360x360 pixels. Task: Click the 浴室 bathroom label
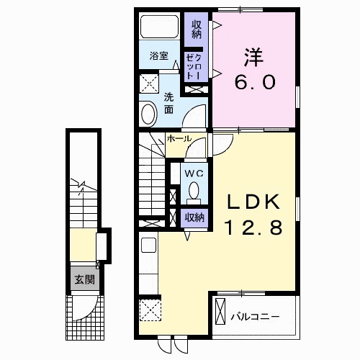[x=158, y=56]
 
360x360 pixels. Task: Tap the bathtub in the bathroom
[x=160, y=27]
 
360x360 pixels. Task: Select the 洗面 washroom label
[x=168, y=104]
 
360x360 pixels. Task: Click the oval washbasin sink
[x=149, y=114]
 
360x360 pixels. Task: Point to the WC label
[x=194, y=174]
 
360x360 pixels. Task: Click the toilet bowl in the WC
[x=194, y=190]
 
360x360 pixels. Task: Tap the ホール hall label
[x=179, y=139]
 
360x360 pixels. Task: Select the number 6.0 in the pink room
[x=255, y=82]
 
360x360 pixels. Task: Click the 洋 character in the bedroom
[x=254, y=58]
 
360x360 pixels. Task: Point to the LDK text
[x=253, y=201]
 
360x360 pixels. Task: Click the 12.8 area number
[x=253, y=228]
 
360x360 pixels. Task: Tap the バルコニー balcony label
[x=255, y=317]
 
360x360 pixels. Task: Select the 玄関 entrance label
[x=85, y=279]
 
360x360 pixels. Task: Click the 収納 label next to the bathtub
[x=197, y=30]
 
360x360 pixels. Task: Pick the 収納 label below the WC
[x=194, y=217]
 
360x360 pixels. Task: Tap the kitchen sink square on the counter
[x=149, y=246]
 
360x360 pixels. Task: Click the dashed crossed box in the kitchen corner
[x=150, y=310]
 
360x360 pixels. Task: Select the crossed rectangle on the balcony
[x=220, y=311]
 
